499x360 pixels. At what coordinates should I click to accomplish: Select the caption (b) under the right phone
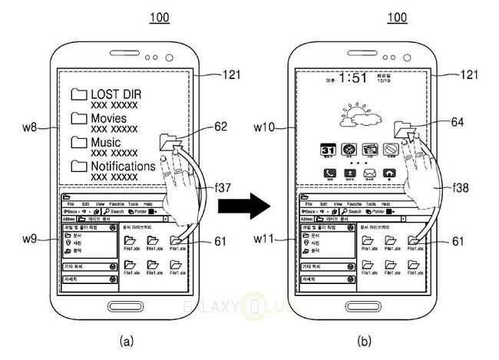click(x=365, y=339)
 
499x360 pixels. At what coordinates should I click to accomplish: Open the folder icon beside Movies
click(x=78, y=119)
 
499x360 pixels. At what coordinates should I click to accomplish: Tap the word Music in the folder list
click(x=106, y=142)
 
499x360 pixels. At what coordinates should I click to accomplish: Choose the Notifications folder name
click(x=123, y=166)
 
